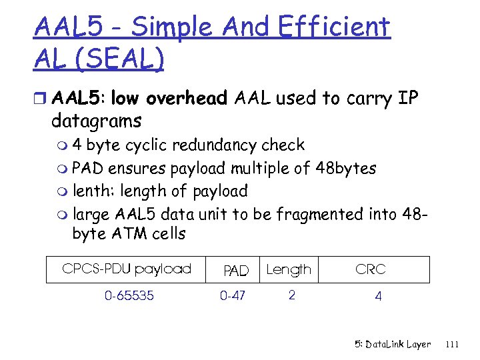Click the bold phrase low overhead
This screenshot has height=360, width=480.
click(169, 99)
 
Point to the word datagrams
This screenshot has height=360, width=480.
click(96, 121)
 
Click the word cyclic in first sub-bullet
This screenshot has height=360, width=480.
click(147, 145)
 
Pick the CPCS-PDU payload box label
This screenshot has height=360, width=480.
click(127, 269)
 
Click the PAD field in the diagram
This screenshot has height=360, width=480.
click(235, 271)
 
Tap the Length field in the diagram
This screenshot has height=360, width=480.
click(289, 270)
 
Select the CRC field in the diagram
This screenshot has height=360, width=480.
click(370, 269)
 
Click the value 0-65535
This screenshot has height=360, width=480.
click(129, 295)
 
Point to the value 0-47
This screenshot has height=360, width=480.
click(233, 295)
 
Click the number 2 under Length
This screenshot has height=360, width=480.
click(291, 295)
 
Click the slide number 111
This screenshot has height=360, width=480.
click(452, 345)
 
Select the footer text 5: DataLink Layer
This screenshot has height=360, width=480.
click(393, 345)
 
